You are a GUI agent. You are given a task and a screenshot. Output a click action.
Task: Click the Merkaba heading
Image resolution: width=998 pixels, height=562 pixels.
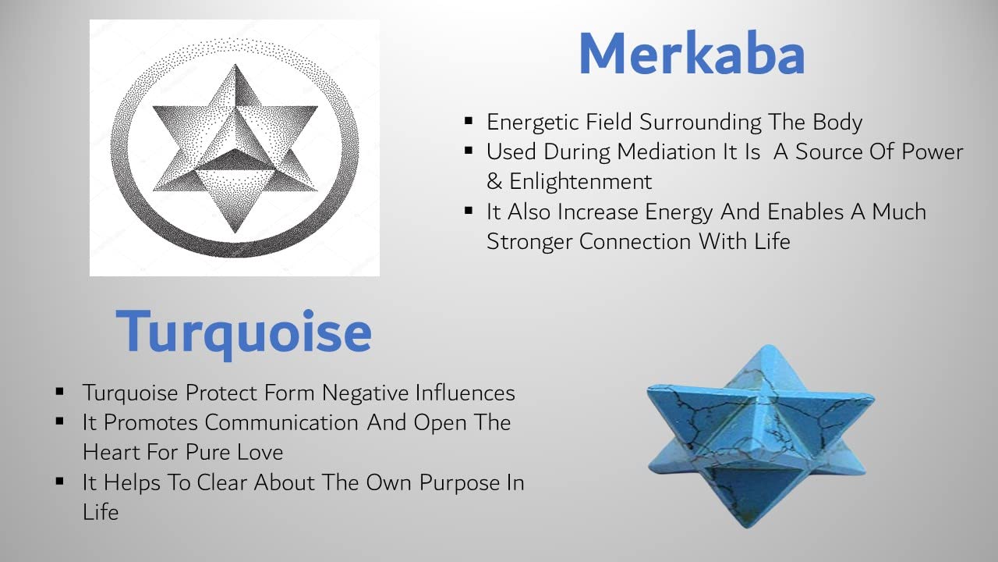click(692, 54)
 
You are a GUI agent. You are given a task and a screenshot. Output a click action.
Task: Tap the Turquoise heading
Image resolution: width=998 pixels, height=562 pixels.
click(243, 333)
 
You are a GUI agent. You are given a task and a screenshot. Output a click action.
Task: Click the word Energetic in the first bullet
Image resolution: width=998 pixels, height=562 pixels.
click(533, 123)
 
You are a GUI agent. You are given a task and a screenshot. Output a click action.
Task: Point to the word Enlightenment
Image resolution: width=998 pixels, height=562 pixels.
click(581, 182)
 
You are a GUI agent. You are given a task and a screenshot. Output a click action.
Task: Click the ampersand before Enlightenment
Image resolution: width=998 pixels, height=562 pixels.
click(494, 182)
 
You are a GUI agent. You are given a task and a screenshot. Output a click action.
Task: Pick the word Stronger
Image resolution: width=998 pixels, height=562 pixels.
click(529, 242)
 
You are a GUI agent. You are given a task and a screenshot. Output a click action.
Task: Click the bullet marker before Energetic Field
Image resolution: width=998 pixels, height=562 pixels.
click(469, 120)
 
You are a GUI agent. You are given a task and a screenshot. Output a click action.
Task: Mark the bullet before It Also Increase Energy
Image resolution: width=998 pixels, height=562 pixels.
click(469, 210)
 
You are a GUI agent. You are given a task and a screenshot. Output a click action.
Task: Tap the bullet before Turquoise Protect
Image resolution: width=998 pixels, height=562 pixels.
click(60, 392)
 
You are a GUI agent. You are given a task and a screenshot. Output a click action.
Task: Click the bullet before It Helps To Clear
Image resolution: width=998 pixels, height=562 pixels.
click(60, 481)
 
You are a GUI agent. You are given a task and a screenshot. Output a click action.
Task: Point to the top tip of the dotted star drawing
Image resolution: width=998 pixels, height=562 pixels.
click(235, 65)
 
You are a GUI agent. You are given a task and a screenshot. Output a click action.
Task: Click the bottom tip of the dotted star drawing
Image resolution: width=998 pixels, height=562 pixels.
click(235, 233)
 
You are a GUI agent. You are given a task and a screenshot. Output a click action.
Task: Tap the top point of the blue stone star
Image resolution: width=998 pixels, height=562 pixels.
click(767, 345)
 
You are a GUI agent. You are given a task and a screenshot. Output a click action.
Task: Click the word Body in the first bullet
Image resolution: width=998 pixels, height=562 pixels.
click(837, 123)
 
